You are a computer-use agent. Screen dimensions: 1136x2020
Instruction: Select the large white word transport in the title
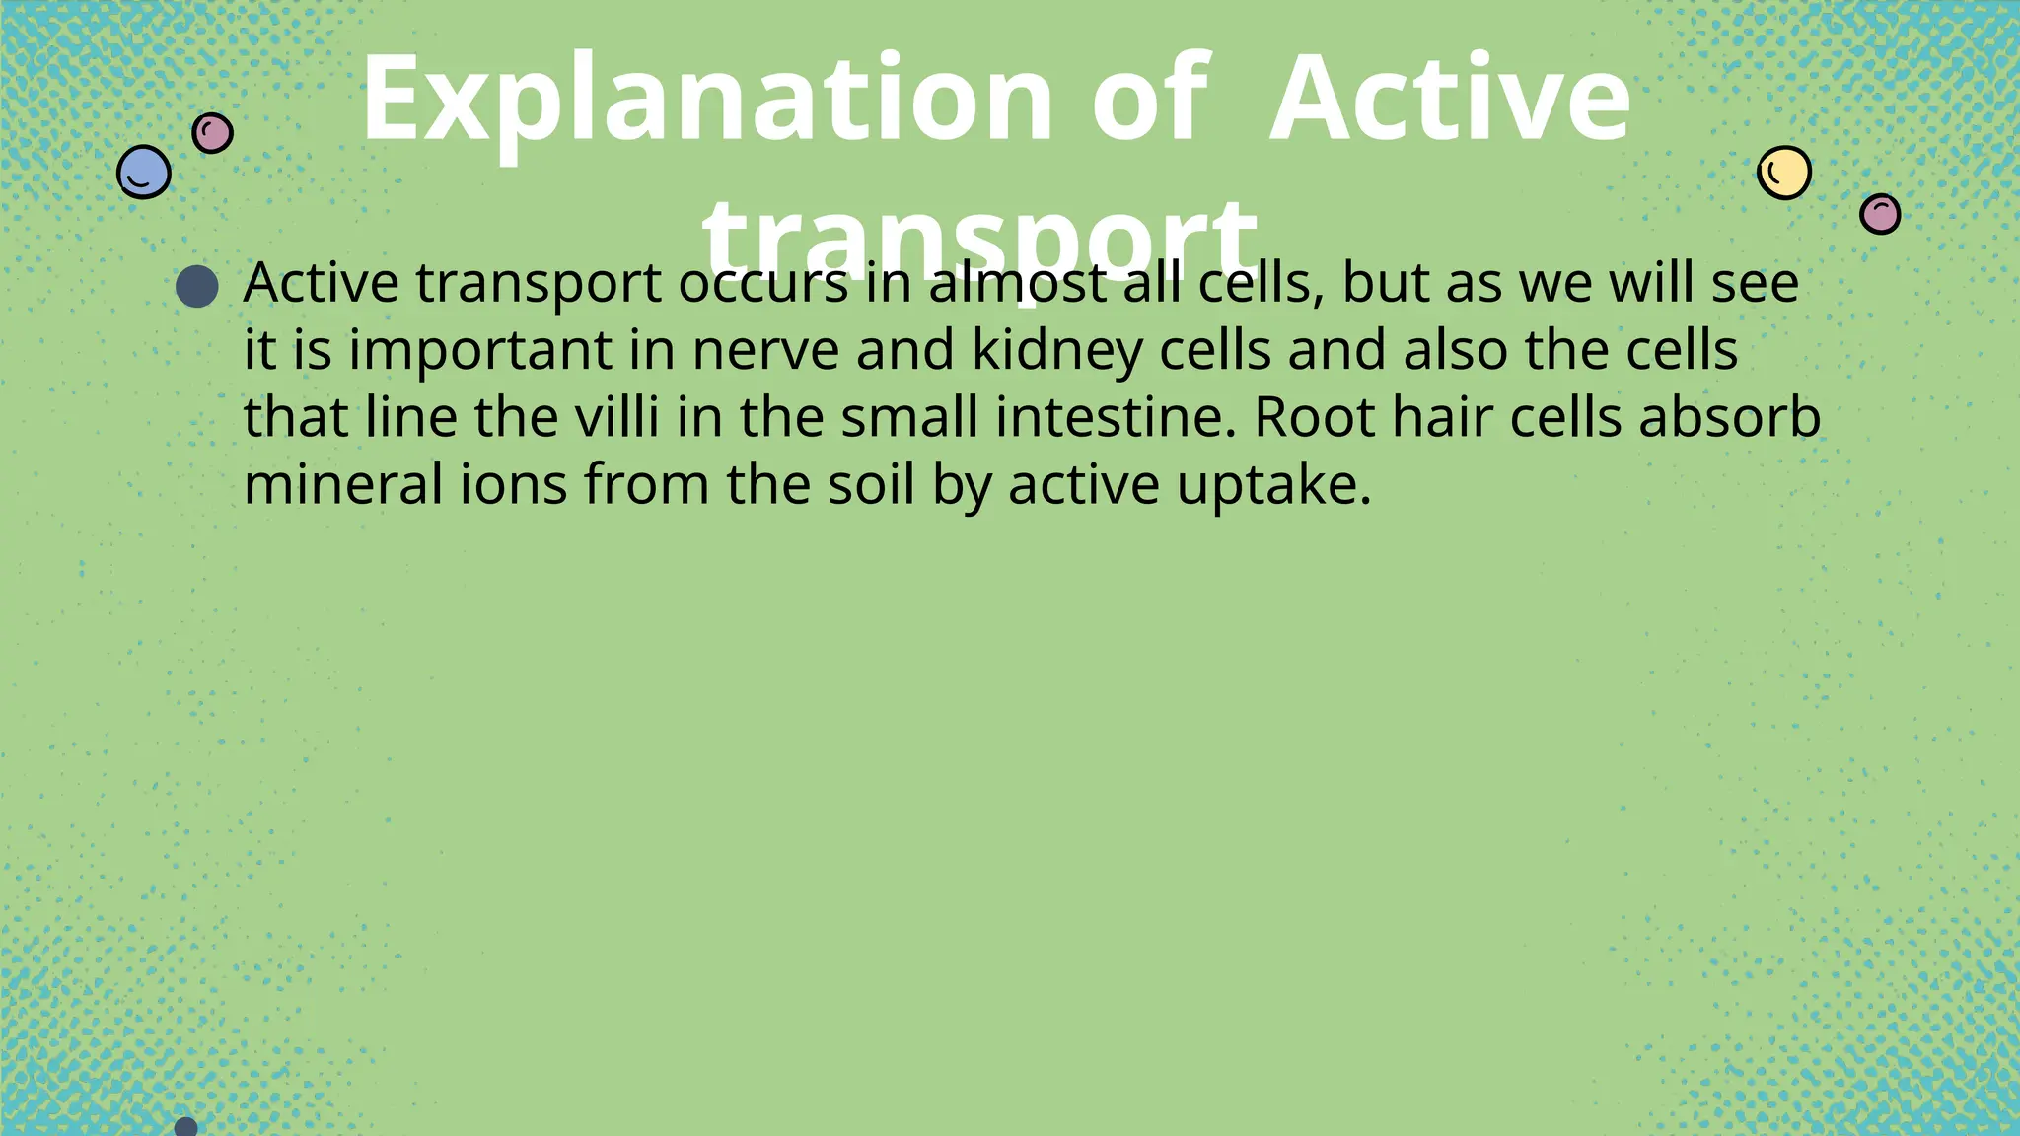pos(979,237)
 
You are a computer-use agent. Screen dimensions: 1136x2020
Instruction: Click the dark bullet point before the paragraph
pos(196,286)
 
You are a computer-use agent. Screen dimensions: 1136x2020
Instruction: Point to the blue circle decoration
pos(144,173)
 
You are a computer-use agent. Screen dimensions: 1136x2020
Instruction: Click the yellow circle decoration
pos(1784,173)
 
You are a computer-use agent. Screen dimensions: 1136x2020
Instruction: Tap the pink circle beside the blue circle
pos(212,132)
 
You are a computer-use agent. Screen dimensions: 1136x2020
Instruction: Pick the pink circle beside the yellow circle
pos(1880,213)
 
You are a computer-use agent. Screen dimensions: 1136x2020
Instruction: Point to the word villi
pos(617,418)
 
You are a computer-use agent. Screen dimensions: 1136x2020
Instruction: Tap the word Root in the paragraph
pos(1314,418)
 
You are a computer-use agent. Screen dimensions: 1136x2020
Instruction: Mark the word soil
pos(871,485)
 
